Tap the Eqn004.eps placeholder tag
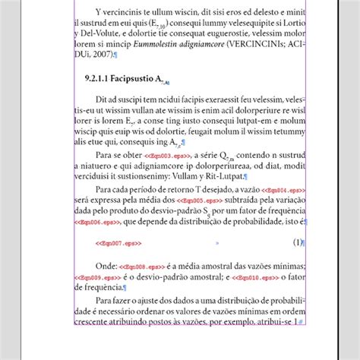283,189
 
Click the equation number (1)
298,242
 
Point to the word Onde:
106,266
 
